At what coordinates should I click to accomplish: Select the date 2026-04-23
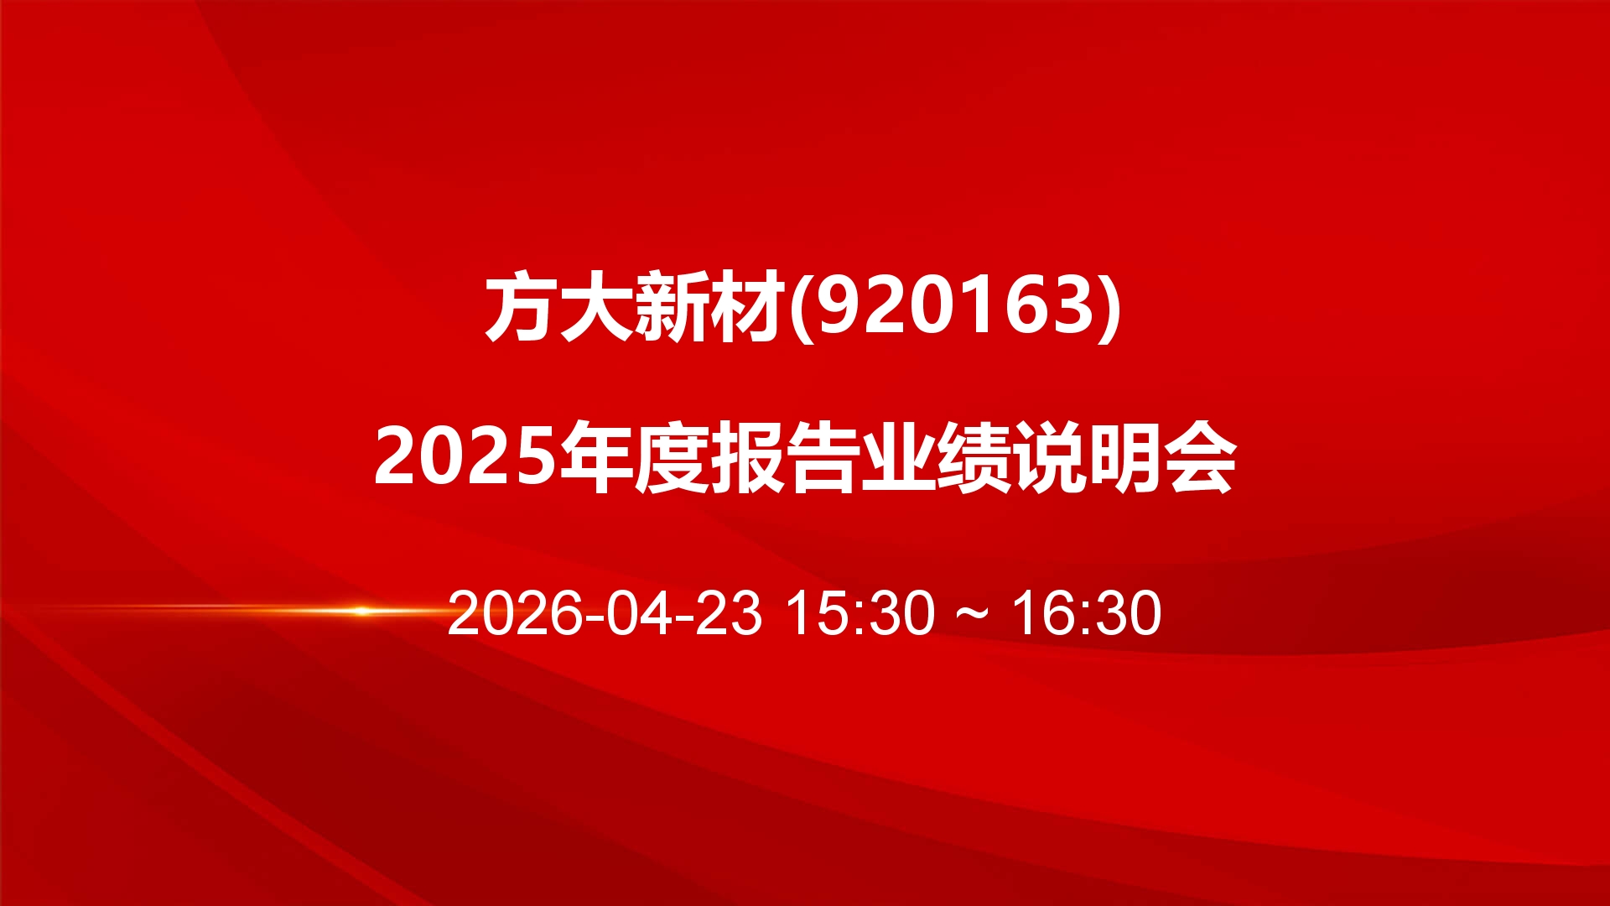pyautogui.click(x=605, y=612)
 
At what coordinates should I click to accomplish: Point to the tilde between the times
pyautogui.click(x=973, y=614)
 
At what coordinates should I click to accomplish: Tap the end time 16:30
pyautogui.click(x=1087, y=612)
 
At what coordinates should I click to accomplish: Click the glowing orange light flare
pyautogui.click(x=361, y=610)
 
